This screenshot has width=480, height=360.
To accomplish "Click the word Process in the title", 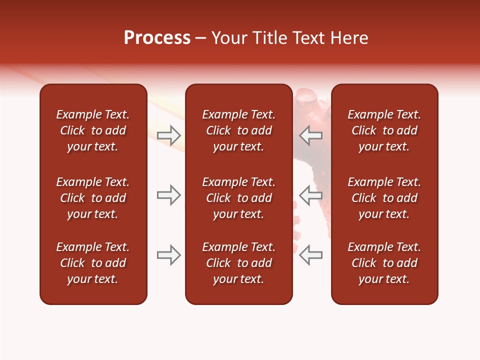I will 157,38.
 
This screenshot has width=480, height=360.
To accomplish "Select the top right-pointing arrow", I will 169,135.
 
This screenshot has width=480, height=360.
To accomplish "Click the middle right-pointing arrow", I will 169,195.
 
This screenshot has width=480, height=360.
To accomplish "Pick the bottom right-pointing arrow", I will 169,255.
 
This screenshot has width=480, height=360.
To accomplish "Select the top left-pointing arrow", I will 310,135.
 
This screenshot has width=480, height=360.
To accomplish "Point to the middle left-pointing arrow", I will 310,195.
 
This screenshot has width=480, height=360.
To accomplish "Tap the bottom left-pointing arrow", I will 310,255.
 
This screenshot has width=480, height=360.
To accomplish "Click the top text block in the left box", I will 93,130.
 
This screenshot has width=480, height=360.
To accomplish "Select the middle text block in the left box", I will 93,198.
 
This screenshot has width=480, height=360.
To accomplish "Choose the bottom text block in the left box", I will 93,263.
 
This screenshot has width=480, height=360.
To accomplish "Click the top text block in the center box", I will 238,130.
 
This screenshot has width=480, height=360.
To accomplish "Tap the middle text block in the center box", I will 238,198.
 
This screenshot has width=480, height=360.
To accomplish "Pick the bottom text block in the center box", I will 238,263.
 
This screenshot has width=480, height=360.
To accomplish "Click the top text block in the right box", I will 384,130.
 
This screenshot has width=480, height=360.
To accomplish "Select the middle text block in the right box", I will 384,198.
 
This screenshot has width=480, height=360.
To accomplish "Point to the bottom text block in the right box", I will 384,263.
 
